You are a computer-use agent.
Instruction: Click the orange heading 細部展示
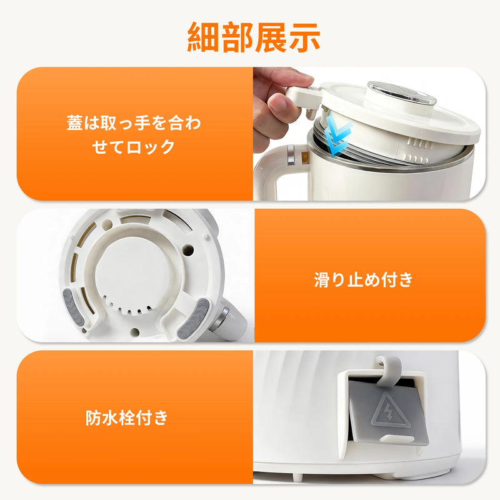tap(254, 37)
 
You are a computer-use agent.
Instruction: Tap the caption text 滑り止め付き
tap(363, 279)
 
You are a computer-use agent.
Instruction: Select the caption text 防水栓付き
tap(127, 417)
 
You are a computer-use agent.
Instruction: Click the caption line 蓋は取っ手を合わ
tap(134, 123)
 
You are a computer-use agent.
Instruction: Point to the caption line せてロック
tap(133, 147)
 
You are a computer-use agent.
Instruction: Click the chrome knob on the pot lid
tap(402, 92)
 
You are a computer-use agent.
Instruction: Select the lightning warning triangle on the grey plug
tap(390, 412)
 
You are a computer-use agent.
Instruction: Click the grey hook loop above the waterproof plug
tap(388, 370)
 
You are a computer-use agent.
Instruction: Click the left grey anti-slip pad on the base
tap(73, 308)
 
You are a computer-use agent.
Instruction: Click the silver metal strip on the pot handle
tap(291, 155)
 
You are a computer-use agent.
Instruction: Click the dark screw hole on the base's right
tap(188, 249)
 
